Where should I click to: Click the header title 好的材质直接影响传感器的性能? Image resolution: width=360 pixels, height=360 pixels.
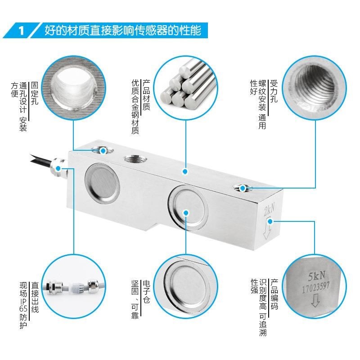pyautogui.click(x=126, y=31)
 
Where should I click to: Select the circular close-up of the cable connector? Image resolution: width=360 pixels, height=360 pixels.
pyautogui.click(x=74, y=283)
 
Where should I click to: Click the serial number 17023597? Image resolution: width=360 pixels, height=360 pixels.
pyautogui.click(x=315, y=285)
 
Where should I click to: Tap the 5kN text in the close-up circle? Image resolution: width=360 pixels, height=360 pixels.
pyautogui.click(x=315, y=274)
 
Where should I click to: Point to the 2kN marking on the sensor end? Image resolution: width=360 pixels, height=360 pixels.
pyautogui.click(x=269, y=210)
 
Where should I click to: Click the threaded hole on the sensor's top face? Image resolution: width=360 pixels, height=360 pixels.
pyautogui.click(x=134, y=160)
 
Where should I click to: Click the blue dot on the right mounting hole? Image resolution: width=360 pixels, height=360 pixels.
pyautogui.click(x=243, y=188)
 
